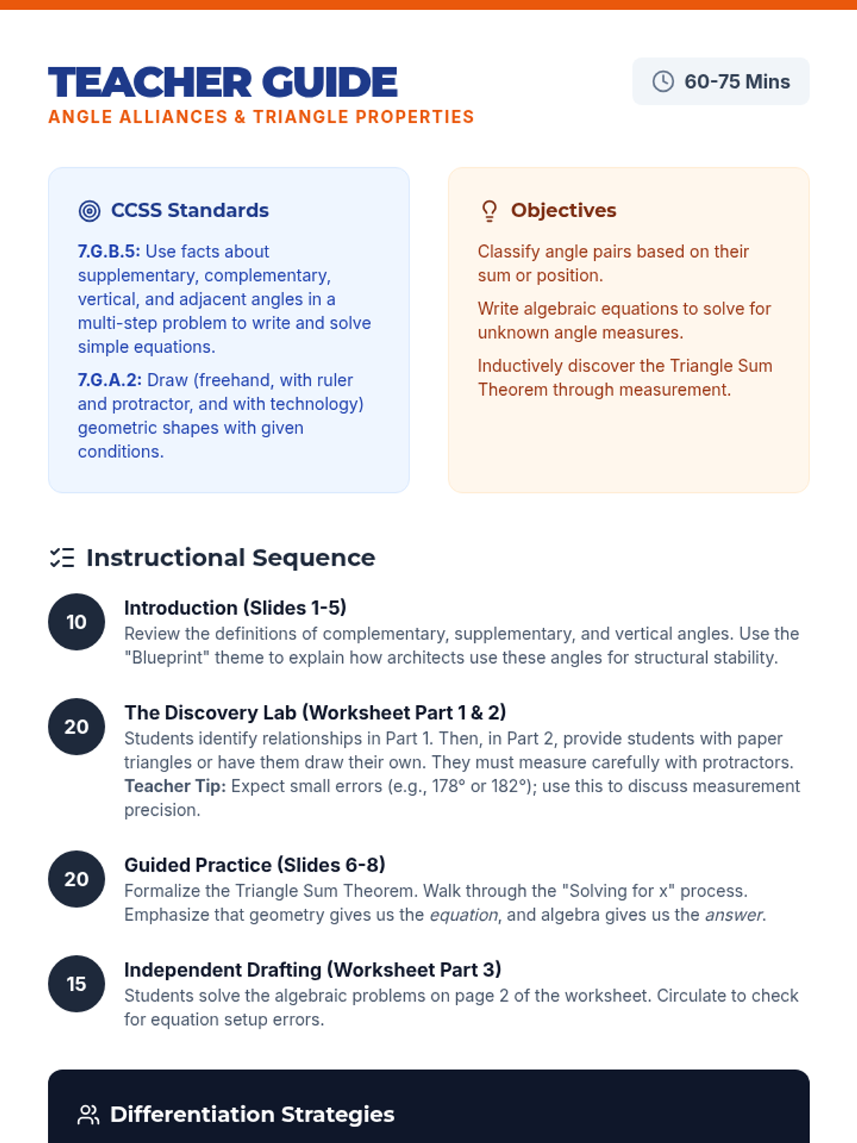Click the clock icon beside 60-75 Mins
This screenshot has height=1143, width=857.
[663, 81]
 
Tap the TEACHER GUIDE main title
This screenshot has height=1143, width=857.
[223, 82]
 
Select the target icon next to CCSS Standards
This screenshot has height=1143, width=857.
[89, 211]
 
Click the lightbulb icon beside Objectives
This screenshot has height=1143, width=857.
[489, 211]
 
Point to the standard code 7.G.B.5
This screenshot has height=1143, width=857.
[109, 251]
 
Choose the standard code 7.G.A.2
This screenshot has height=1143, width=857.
[110, 380]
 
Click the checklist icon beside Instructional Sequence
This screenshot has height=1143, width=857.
[62, 558]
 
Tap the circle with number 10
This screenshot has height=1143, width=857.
[76, 622]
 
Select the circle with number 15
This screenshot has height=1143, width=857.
[76, 984]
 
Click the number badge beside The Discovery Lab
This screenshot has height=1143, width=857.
[76, 727]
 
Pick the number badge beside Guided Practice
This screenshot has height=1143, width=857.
[76, 879]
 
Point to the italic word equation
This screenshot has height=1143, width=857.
[463, 915]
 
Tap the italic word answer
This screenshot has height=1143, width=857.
[733, 915]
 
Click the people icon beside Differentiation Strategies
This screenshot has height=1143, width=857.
[89, 1115]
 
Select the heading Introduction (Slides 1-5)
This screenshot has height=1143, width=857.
[235, 608]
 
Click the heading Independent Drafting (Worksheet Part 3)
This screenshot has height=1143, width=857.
[313, 969]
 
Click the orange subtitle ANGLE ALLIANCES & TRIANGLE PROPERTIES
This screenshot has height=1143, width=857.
[261, 116]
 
